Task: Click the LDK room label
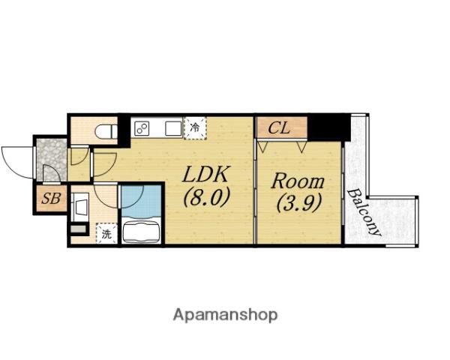point(205,174)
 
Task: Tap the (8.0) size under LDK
point(207,196)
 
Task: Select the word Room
point(298,181)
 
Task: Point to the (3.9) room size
point(298,202)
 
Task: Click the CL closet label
point(279,128)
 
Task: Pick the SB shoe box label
point(51,198)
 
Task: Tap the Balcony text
point(364,212)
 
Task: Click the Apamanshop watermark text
point(225,315)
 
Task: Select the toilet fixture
point(106,131)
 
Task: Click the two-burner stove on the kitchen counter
point(142,128)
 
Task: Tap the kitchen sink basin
point(174,128)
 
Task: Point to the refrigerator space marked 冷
point(195,127)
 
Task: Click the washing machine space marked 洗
point(106,233)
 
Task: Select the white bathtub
point(141,232)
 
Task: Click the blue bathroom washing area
point(141,201)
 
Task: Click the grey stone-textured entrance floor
point(52,160)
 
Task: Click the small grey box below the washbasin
point(78,229)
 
